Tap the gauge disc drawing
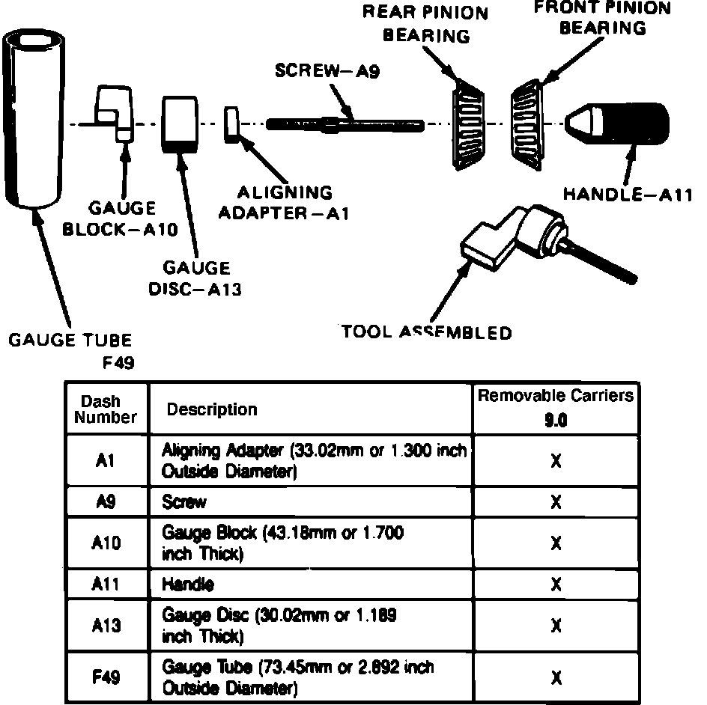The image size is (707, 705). point(180,123)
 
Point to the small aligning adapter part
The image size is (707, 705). point(231,123)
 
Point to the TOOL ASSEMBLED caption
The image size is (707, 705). point(427,332)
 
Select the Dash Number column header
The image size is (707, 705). point(106,409)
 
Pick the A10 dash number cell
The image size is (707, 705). point(106,543)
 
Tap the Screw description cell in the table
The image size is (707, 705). point(184,502)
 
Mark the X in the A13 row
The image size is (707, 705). point(555,625)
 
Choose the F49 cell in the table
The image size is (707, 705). point(106,677)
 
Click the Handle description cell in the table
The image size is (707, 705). point(188,585)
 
